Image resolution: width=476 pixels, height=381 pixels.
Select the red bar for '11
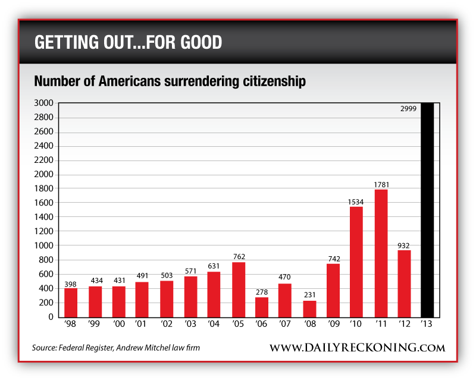[380, 253]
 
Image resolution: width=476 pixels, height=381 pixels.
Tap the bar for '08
[309, 308]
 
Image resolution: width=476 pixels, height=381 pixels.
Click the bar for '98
[71, 303]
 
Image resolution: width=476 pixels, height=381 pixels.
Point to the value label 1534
[356, 202]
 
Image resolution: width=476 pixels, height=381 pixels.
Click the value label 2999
[408, 109]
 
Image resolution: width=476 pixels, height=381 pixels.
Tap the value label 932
[404, 245]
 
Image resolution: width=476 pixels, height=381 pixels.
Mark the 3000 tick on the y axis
[46, 103]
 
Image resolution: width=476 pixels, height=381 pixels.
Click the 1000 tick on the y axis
[46, 245]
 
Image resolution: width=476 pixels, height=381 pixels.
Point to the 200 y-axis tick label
[48, 303]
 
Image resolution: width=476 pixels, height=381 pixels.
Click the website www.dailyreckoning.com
[356, 347]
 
